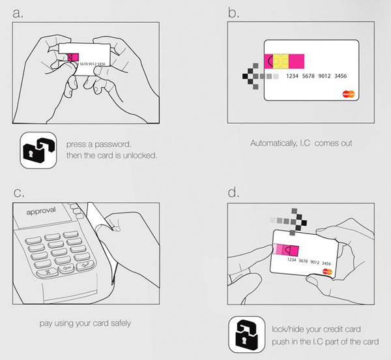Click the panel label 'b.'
[x=231, y=12]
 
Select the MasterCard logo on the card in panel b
[x=349, y=93]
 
